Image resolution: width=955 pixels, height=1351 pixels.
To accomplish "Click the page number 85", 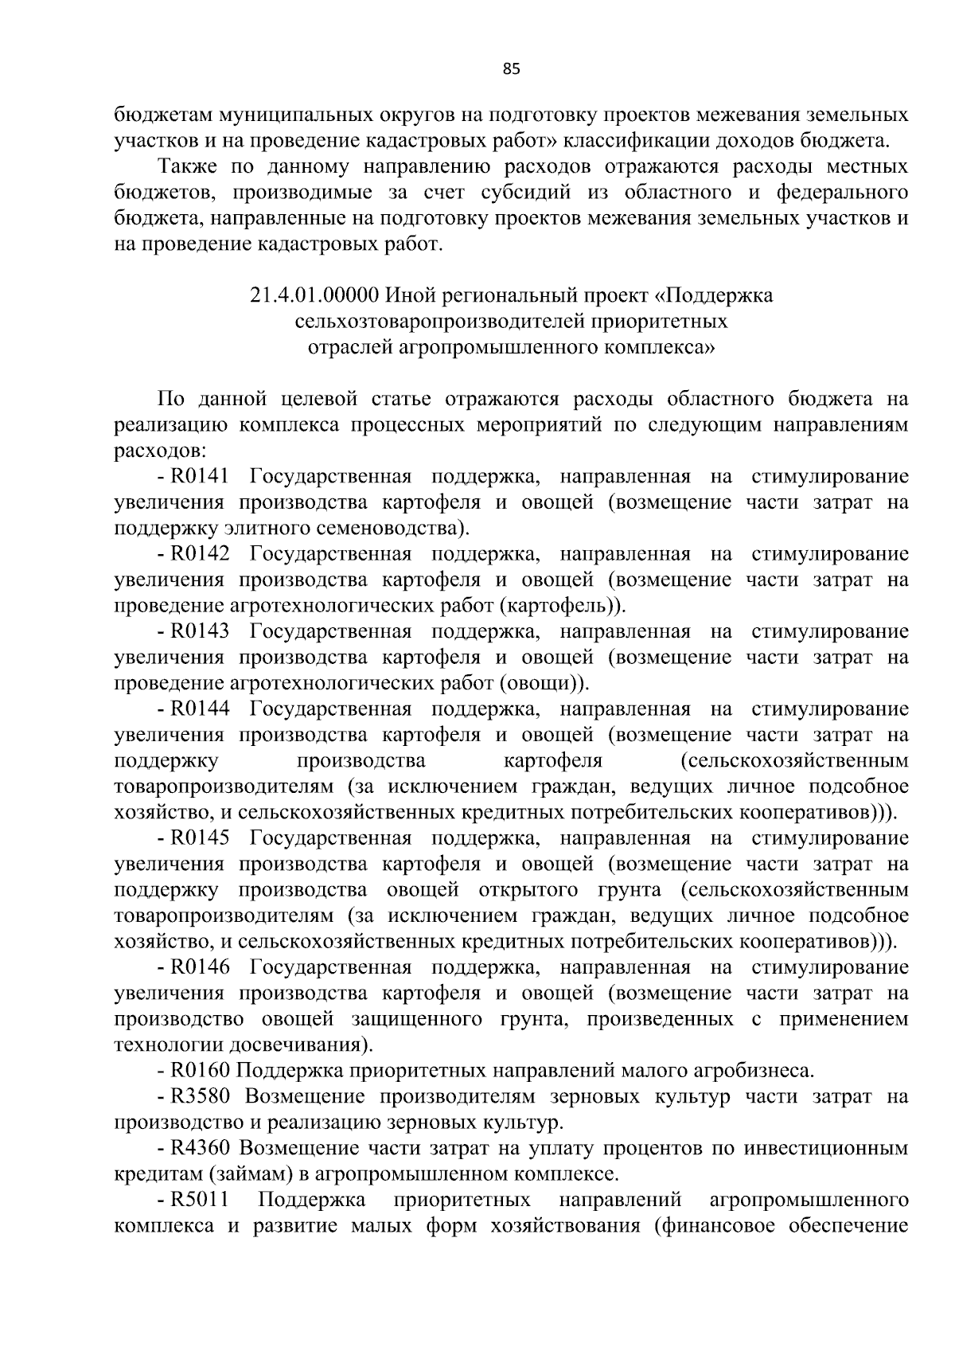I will pos(511,69).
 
